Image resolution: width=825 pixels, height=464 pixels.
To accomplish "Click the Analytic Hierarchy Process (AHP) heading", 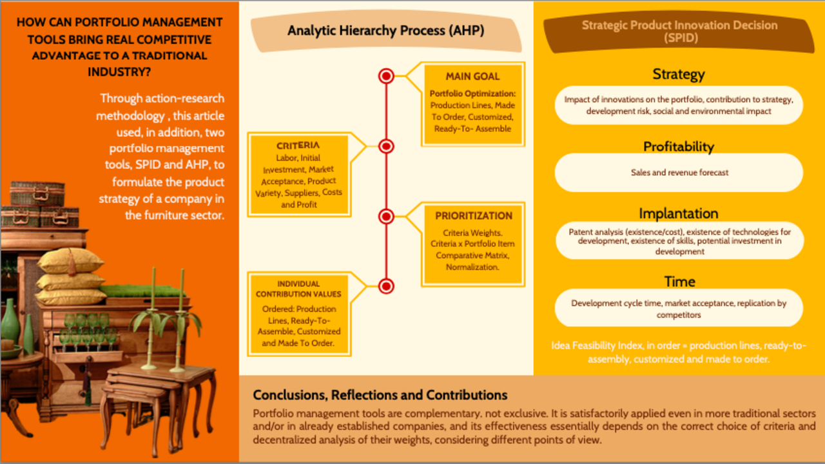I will coord(385,30).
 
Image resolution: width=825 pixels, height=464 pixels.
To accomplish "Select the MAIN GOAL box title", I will coord(472,76).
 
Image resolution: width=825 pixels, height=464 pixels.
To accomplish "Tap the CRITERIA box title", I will coord(298,145).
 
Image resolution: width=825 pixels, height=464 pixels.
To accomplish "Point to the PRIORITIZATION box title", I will coord(473,216).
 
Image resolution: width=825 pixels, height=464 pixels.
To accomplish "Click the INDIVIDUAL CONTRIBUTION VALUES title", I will coord(298,289).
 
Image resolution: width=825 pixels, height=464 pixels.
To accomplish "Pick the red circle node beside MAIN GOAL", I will coord(386,76).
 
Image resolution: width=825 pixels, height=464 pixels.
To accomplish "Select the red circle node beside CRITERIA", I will coord(386,146).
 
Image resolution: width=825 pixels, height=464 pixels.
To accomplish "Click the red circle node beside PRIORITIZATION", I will coord(386,216).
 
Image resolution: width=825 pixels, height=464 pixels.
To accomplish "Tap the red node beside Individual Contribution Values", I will coord(386,285).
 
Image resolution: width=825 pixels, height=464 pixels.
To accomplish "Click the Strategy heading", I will coord(678,74).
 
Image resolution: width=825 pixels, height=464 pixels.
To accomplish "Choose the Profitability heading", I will coord(678,146).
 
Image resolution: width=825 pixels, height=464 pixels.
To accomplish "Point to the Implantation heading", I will coord(678,213).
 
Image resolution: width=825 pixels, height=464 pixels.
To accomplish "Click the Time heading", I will coord(679,282).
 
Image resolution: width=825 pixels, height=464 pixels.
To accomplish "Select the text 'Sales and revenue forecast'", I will coord(679,173).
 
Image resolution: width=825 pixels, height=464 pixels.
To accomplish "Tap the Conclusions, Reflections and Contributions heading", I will coord(380,395).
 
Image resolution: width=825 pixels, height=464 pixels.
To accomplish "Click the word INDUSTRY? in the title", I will coord(119,72).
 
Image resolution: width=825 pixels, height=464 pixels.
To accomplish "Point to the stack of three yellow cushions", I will coord(70,276).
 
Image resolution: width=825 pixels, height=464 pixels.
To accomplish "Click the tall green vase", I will coord(10,322).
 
